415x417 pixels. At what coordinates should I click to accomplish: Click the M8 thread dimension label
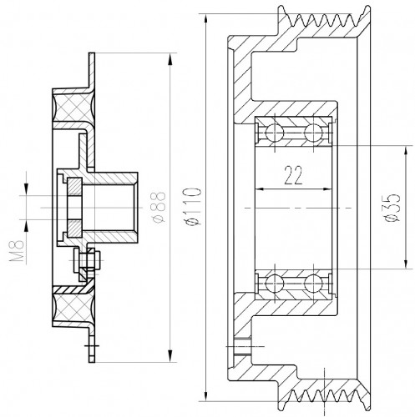coord(17,252)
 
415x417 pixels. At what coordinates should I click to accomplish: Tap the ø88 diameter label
coord(159,207)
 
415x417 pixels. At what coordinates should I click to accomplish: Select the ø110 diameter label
coord(194,207)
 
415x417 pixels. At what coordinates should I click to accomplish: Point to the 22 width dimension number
coord(293,175)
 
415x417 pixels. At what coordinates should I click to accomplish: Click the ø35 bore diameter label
coord(392,208)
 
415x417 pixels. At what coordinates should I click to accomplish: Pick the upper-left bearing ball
coord(275,133)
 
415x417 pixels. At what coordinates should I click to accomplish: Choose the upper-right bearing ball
coord(313,133)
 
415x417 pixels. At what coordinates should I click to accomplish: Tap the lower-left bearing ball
coord(275,284)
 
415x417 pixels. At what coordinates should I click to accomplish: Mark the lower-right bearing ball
coord(313,284)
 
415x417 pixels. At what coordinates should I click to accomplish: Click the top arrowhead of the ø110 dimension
coord(206,20)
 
